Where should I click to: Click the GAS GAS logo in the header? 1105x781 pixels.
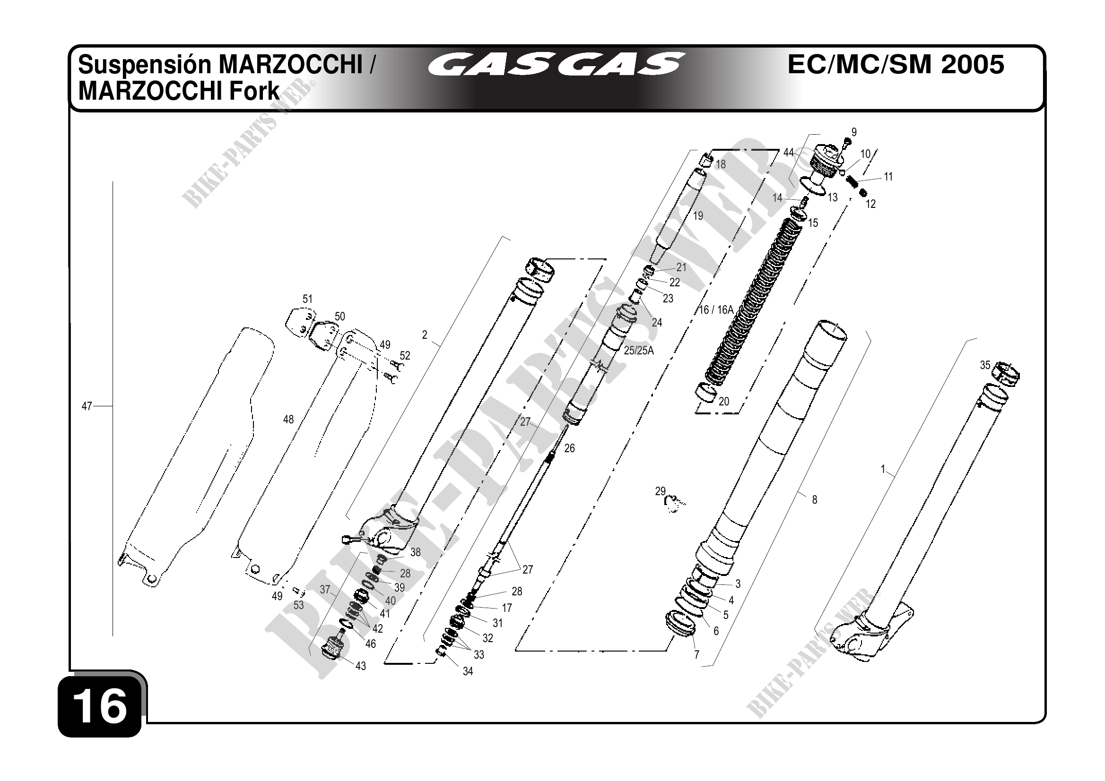pos(556,64)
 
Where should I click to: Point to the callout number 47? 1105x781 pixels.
pos(87,406)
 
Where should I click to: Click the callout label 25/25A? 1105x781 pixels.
pos(639,351)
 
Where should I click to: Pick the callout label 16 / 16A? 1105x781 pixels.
pos(716,310)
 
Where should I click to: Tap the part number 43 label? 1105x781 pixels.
pos(360,666)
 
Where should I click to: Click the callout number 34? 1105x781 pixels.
pos(468,671)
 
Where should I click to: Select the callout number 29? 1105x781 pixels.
pos(660,491)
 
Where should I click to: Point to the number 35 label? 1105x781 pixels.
pos(985,365)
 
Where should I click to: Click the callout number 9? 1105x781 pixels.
pos(854,132)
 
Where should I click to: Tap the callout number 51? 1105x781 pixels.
pos(307,299)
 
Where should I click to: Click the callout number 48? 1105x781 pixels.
pos(288,420)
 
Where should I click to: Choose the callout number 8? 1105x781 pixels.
pos(814,500)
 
